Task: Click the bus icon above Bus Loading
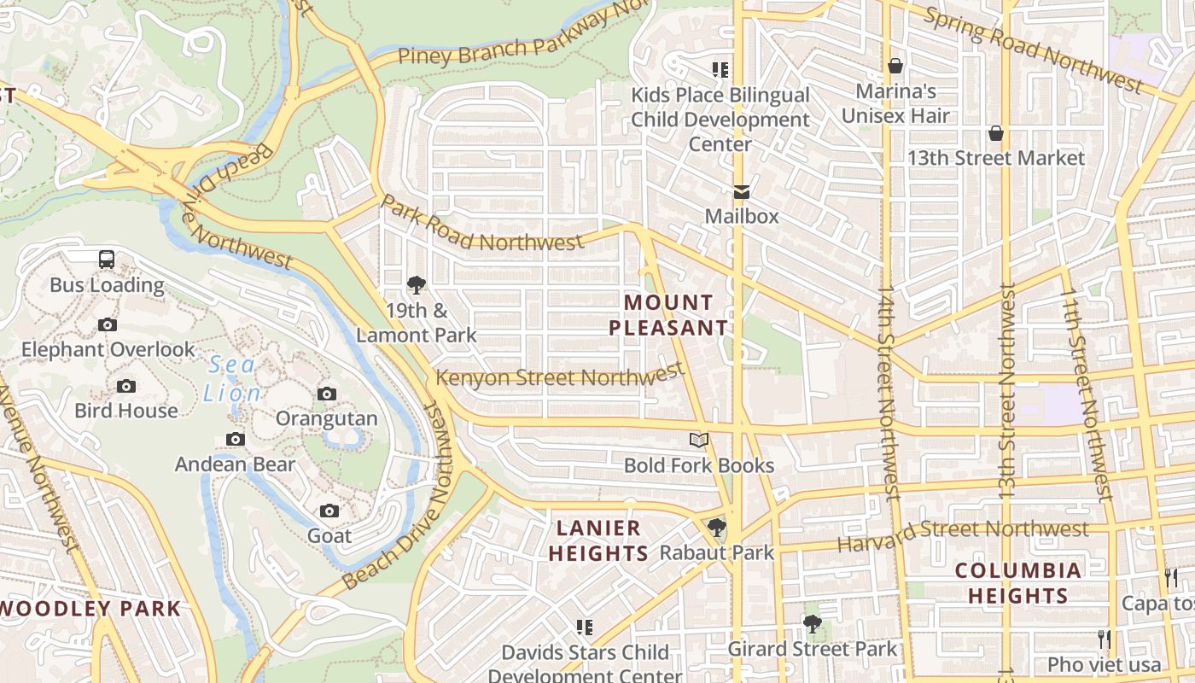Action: [x=107, y=260]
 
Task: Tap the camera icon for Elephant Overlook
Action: [x=108, y=324]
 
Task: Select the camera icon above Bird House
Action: [x=126, y=386]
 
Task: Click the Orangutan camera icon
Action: [x=326, y=394]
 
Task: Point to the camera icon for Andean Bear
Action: [x=235, y=440]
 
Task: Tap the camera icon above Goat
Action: [x=329, y=511]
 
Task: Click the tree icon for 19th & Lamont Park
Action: [x=417, y=285]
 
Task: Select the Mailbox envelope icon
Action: [x=741, y=191]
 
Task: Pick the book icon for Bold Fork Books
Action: [x=699, y=441]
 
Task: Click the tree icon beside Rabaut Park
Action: [x=716, y=528]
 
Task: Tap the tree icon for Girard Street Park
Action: [x=812, y=625]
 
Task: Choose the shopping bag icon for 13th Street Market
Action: [x=995, y=133]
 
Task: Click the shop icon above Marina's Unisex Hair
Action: [x=895, y=66]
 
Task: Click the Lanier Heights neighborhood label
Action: [x=598, y=540]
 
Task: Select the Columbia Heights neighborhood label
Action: [x=1017, y=583]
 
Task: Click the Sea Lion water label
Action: [x=232, y=379]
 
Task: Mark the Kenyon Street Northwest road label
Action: [x=560, y=376]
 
